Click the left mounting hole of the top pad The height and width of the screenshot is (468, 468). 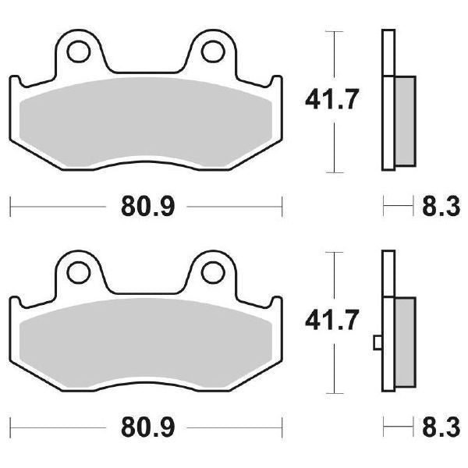coord(78,51)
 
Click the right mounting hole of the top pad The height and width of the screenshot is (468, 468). coord(211,51)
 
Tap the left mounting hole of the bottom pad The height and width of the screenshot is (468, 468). coord(78,272)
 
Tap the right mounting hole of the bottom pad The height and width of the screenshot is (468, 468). coord(211,272)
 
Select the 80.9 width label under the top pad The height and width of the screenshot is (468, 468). coord(147,207)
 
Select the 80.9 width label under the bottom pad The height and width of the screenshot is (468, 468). coord(147,428)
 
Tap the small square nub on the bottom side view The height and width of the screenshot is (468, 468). coord(378,341)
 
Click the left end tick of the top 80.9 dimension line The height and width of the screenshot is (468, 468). coord(9,207)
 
